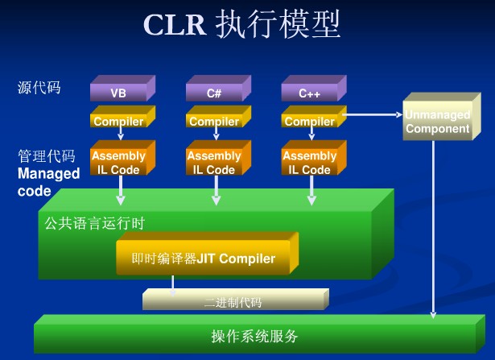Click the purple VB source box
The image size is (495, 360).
pos(118,92)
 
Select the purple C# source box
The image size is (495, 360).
pos(214,92)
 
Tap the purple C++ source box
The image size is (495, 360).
pos(310,92)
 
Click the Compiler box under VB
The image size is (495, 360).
pos(118,122)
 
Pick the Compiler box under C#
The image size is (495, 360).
pos(214,122)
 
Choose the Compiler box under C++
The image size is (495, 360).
pos(310,122)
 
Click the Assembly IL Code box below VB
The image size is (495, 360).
pos(118,163)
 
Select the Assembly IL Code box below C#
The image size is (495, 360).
pos(214,163)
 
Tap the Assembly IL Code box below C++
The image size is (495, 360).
pos(310,163)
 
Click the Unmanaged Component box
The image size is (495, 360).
pos(437,122)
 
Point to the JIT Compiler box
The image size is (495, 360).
pos(204,259)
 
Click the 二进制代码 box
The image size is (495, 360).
pos(233,303)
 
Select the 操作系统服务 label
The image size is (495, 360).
pos(254,335)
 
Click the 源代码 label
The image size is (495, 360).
pos(39,86)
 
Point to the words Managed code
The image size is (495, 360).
pos(48,182)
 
